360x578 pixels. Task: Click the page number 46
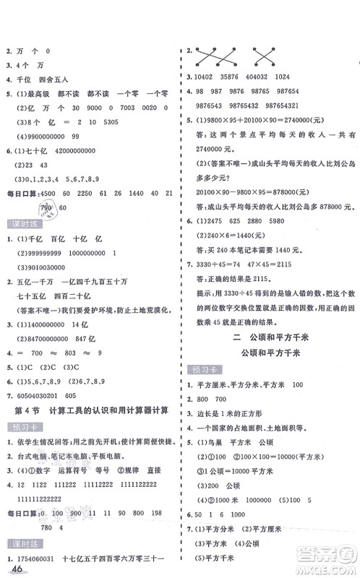11,567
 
